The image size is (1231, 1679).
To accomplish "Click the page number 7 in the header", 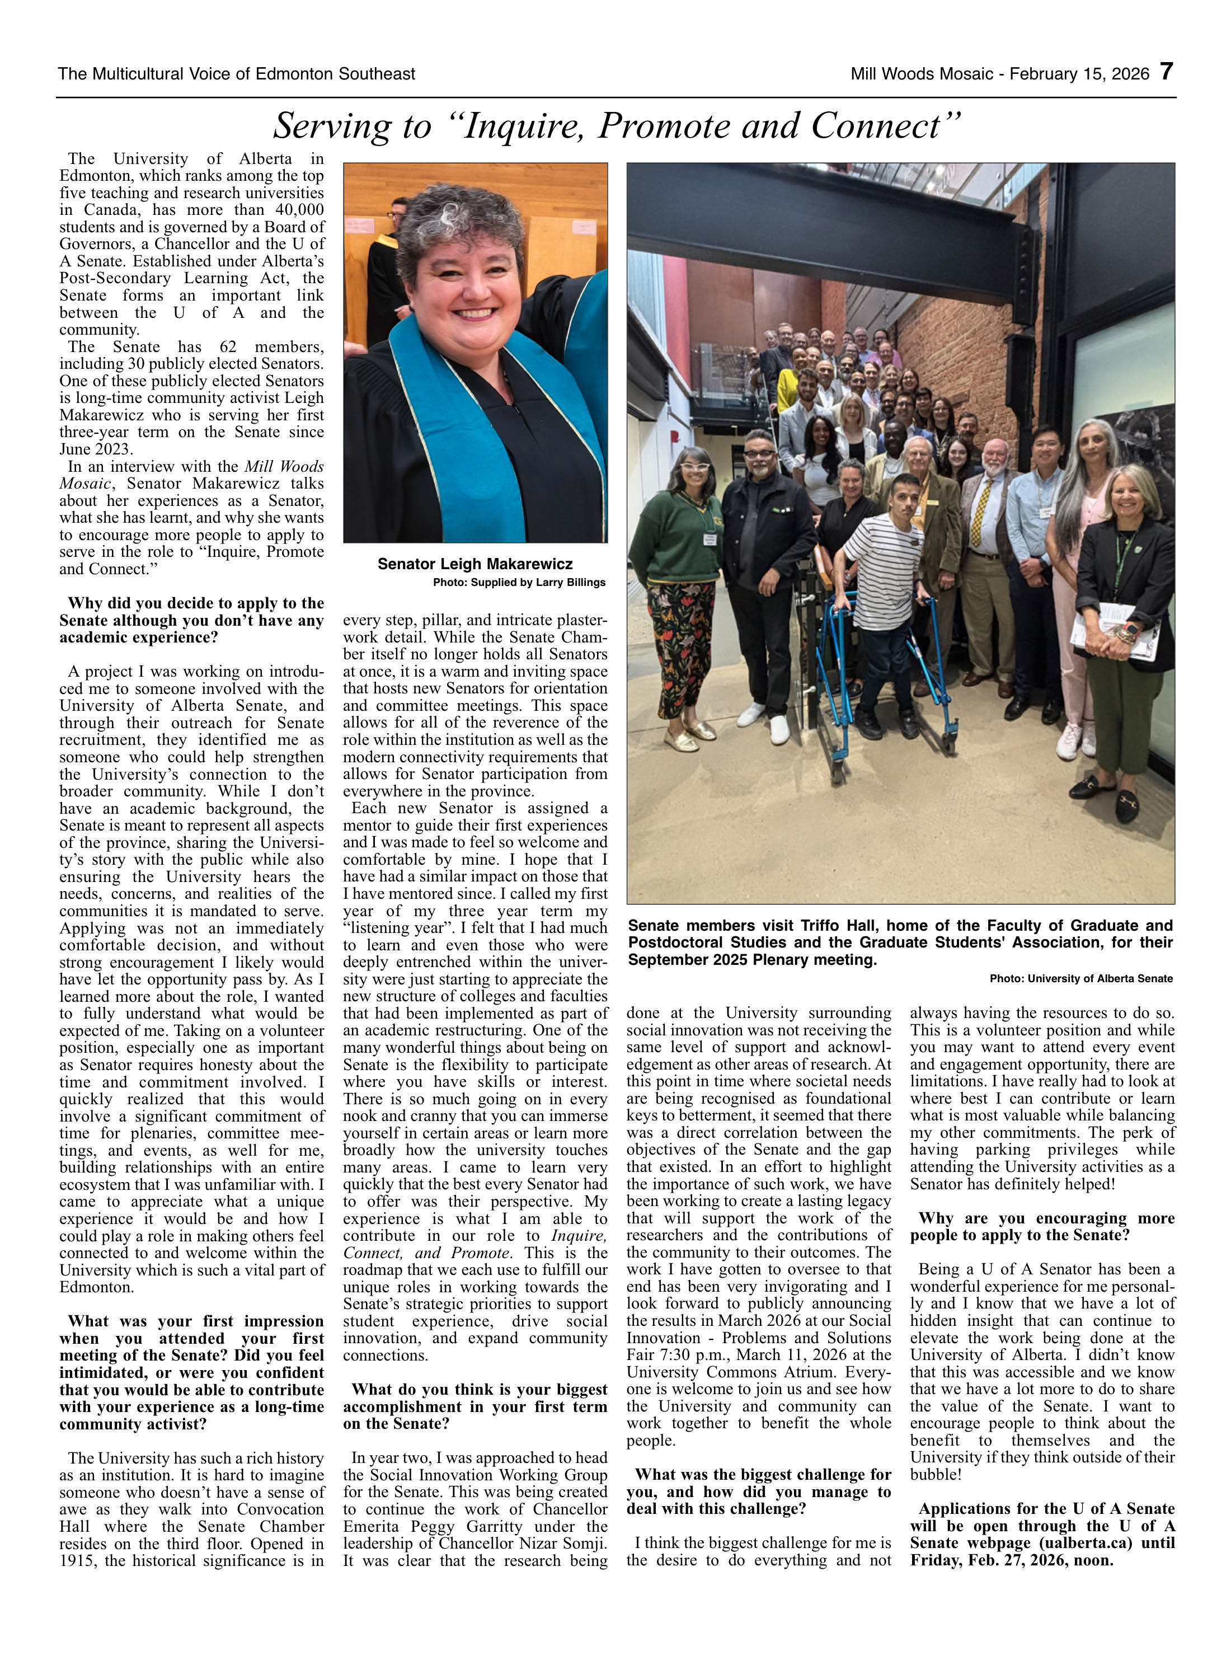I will (x=1166, y=72).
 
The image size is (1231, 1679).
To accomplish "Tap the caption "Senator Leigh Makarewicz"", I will (x=474, y=564).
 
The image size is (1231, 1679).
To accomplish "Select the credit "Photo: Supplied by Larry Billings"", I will (x=519, y=582).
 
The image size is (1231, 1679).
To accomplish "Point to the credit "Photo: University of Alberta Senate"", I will (x=1080, y=978).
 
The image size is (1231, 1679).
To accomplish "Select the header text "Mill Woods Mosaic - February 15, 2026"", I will (x=999, y=74).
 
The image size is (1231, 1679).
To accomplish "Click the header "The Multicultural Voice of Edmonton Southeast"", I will (x=236, y=74).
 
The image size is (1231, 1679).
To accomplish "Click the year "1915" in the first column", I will (x=77, y=1560).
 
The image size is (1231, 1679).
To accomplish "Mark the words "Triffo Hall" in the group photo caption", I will (x=839, y=926).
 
